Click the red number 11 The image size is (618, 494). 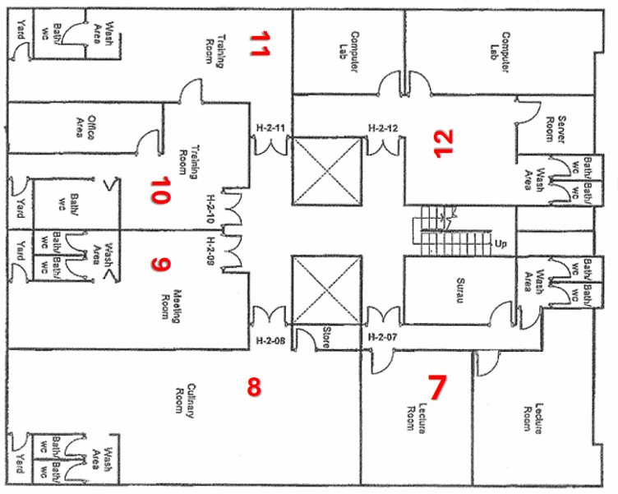tap(260, 44)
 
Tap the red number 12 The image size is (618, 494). tap(444, 143)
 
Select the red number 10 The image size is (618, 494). tap(160, 190)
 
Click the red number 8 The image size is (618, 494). tap(254, 386)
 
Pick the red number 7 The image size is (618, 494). tap(437, 387)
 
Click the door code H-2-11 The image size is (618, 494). tap(270, 127)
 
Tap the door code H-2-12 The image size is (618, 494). tap(383, 128)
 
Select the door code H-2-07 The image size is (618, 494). tap(382, 337)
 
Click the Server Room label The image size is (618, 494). tap(555, 128)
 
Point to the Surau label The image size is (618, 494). tap(460, 291)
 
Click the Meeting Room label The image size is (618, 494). tap(171, 307)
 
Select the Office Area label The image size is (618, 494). tap(85, 127)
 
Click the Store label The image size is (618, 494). tap(325, 337)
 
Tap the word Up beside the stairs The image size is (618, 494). tap(500, 243)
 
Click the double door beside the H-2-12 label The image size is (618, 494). tap(383, 146)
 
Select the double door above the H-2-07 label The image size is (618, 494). tap(383, 316)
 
